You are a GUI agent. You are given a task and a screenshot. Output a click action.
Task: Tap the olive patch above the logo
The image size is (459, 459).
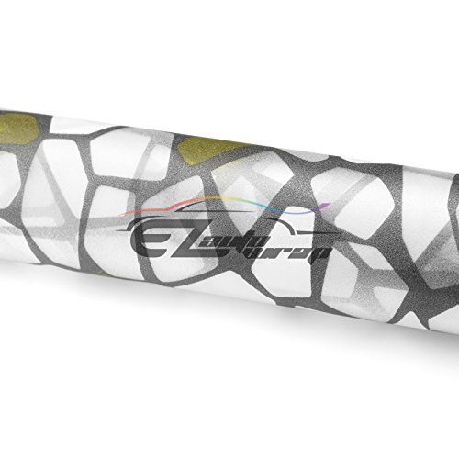tap(208, 151)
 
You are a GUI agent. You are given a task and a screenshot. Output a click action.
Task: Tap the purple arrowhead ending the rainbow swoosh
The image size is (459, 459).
tap(323, 207)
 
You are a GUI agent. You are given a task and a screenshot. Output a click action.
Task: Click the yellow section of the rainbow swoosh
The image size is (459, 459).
tap(227, 199)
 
